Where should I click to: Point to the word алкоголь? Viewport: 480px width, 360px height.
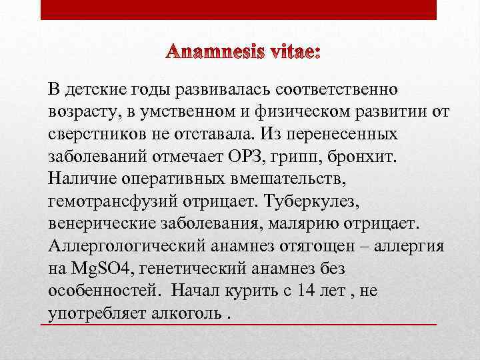(189, 313)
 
